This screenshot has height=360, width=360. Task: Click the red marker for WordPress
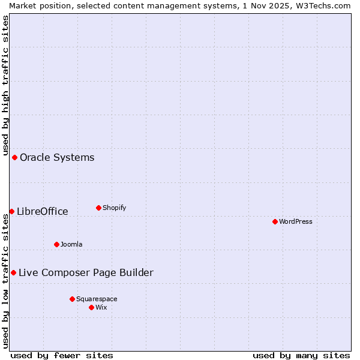[275, 221]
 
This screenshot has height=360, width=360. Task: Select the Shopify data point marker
[98, 208]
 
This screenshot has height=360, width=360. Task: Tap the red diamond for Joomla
[56, 244]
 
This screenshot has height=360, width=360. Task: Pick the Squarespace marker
[72, 299]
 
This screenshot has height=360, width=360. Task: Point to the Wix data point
[91, 307]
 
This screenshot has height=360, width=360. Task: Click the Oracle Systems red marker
[14, 157]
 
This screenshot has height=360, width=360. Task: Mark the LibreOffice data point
[11, 211]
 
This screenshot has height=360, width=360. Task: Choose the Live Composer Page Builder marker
[13, 272]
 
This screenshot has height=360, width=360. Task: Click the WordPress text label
[296, 221]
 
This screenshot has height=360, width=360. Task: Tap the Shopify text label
[114, 208]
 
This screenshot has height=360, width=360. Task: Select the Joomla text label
[71, 244]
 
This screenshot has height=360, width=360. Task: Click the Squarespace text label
[97, 299]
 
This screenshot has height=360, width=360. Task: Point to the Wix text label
[101, 307]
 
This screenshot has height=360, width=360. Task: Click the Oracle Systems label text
[57, 157]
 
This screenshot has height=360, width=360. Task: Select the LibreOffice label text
[43, 211]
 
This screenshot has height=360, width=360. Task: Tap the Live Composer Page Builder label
[86, 272]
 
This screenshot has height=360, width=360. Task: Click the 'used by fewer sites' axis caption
[62, 355]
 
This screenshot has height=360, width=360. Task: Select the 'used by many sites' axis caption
[301, 355]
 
